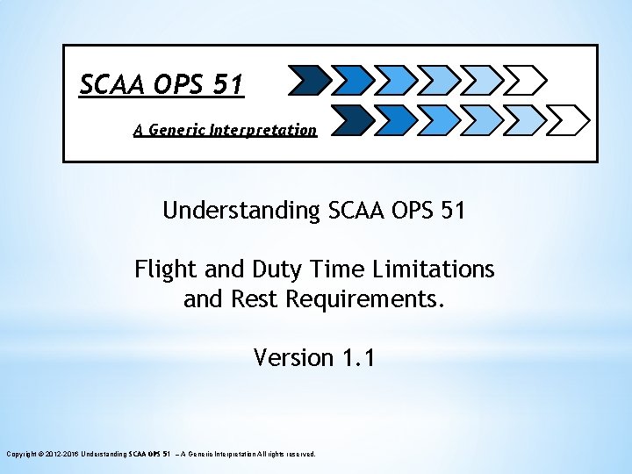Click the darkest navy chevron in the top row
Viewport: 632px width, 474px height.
click(x=306, y=80)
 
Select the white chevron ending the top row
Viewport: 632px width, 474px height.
click(x=527, y=80)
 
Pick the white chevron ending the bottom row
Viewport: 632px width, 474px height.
click(x=571, y=117)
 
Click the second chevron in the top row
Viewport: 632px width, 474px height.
click(x=352, y=80)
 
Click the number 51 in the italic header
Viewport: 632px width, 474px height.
click(x=227, y=84)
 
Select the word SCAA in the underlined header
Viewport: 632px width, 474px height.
click(x=110, y=84)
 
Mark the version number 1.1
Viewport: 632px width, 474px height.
click(x=358, y=358)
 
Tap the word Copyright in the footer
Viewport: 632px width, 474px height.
click(x=22, y=454)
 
